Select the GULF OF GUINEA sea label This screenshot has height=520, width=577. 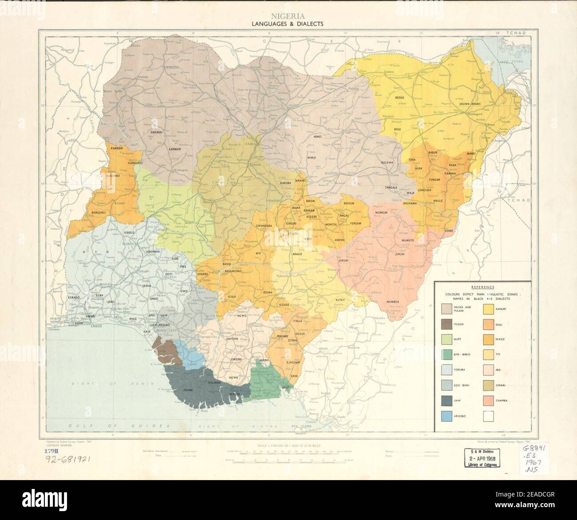[x=120, y=425]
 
